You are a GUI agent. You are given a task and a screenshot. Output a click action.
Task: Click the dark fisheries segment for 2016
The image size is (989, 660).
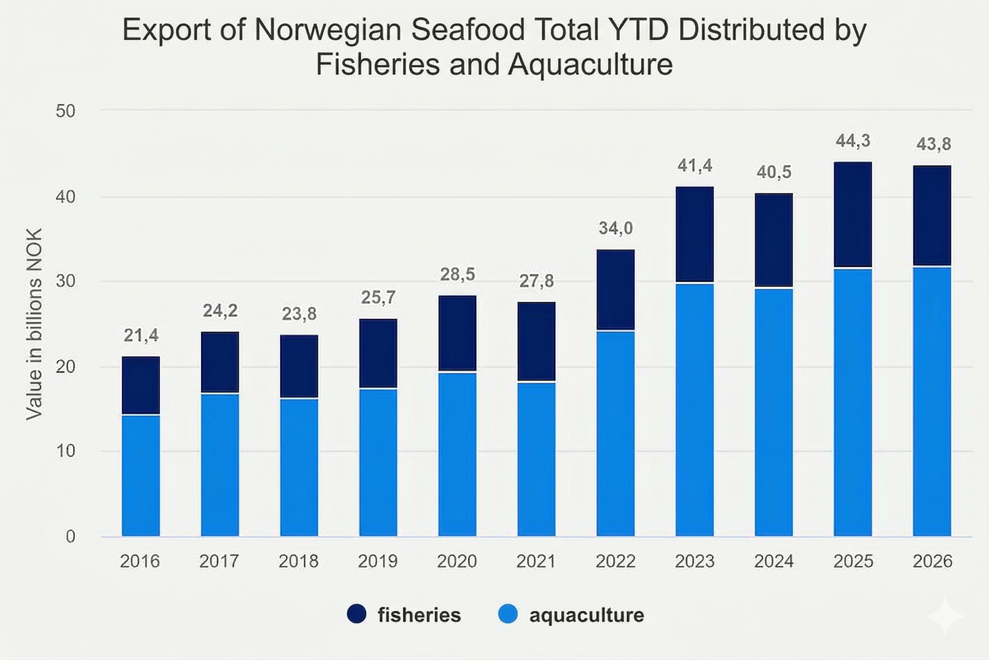pos(141,385)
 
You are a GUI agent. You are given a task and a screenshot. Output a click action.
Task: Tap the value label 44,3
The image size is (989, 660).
pos(853,141)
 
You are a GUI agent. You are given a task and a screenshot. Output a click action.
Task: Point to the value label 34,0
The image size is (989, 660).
pos(615,228)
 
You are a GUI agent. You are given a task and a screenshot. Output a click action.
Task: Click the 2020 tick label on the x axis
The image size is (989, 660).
pos(457,561)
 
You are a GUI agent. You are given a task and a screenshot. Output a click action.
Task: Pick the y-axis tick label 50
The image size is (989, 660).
pos(66,111)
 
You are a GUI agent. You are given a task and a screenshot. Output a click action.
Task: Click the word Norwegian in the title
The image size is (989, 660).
pos(328,30)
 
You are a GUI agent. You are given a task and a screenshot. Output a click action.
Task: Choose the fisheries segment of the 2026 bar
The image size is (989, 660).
pos(932,216)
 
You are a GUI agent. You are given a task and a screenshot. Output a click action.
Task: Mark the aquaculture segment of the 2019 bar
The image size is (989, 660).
pos(378,462)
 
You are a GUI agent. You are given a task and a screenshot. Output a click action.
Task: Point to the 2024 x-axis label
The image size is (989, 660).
pos(773,561)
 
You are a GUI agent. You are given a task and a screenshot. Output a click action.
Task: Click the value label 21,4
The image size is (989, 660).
pos(141,335)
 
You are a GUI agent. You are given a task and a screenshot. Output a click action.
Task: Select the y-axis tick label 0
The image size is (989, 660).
pos(71,537)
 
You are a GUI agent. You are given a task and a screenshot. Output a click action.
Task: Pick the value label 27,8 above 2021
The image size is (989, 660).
pos(536,281)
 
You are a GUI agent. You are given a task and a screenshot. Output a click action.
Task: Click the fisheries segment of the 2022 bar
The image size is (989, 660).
pos(615,290)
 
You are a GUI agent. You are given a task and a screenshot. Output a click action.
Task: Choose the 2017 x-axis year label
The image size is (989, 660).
pos(219,561)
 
